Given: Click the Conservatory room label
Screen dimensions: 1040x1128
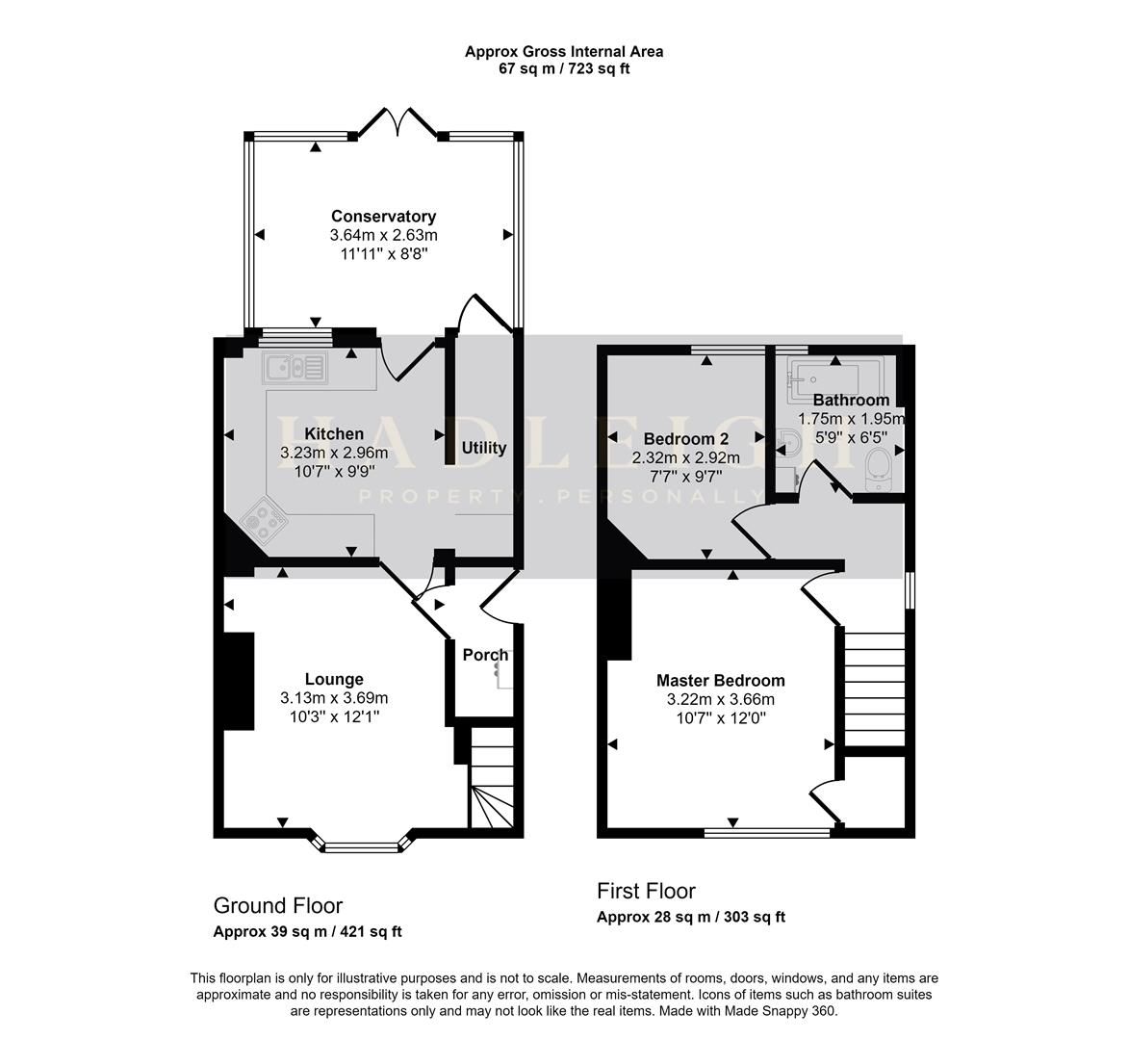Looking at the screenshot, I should click(383, 217).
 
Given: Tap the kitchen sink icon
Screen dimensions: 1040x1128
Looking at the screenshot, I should click(295, 367).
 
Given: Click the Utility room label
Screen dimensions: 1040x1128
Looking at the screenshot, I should click(483, 448).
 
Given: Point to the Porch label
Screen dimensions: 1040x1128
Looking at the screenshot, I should click(484, 655).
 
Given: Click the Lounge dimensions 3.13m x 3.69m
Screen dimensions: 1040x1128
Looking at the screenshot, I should click(334, 698).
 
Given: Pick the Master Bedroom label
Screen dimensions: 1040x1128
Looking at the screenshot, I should click(720, 681).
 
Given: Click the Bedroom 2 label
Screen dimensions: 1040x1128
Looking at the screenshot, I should click(685, 438).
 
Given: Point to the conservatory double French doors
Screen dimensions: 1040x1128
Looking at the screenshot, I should click(397, 123).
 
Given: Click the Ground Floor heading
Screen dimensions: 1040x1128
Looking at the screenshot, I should click(277, 906).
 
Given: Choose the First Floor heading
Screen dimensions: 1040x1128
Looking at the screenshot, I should click(646, 892).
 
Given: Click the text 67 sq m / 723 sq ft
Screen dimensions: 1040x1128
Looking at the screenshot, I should click(563, 68).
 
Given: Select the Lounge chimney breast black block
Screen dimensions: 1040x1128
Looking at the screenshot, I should click(239, 681).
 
